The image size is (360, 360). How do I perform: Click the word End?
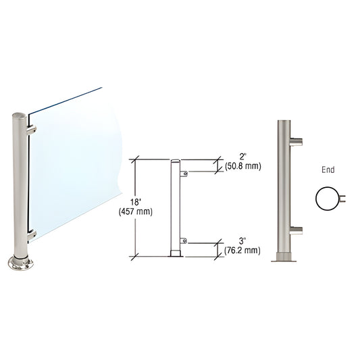tap(329, 170)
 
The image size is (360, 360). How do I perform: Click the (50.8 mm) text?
tap(243, 165)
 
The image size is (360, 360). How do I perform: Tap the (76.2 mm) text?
tap(242, 251)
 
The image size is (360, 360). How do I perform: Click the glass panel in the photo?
tap(74, 162)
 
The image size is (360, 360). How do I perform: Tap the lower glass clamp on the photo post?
tap(31, 235)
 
